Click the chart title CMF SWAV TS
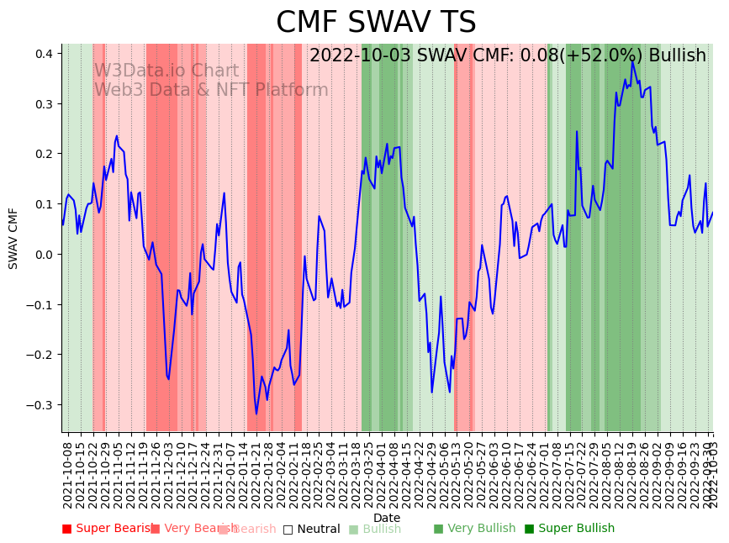pos(376,23)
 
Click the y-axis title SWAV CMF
pos(13,238)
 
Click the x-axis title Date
pos(387,518)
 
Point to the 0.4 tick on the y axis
pos(45,54)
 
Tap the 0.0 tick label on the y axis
pos(45,255)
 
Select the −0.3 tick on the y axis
pos(42,405)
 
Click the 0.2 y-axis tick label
pos(45,155)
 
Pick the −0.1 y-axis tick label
pos(42,304)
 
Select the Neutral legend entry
pos(312,529)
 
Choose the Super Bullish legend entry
pos(569,529)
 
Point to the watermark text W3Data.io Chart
pos(166,71)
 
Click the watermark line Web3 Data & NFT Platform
pos(210,90)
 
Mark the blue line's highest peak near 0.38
pos(632,61)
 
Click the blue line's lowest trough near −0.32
pos(256,413)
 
